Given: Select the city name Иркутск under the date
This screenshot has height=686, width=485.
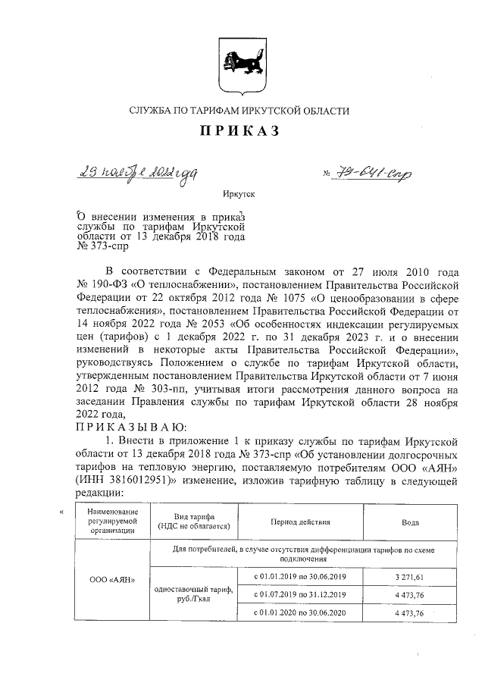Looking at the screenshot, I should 239,194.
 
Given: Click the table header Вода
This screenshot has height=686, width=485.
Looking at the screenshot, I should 409,523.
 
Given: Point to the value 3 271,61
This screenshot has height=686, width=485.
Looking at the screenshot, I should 409,577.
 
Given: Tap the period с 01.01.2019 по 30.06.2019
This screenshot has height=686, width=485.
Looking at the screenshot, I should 299,577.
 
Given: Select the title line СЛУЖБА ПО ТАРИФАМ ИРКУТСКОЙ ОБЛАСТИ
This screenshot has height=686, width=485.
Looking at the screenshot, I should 239,111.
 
